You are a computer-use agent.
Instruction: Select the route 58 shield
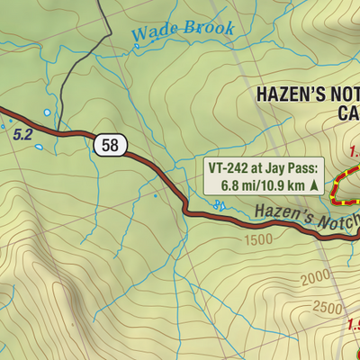107,143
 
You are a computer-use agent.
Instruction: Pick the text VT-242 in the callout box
230,167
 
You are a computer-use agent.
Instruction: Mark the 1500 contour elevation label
256,240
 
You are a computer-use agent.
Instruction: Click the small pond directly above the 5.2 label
47,113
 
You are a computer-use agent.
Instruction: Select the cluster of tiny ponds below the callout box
219,206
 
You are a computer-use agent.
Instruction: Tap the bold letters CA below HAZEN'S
347,113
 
